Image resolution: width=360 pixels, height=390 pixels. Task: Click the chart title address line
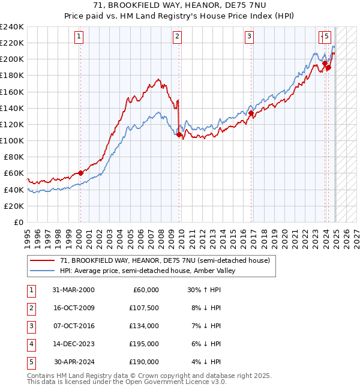point(179,5)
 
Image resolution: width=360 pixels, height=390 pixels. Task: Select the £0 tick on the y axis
point(19,222)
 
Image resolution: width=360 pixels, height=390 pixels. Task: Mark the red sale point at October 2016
point(251,113)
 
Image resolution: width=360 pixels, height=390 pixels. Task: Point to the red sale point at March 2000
point(80,173)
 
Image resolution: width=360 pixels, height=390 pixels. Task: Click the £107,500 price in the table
point(144,308)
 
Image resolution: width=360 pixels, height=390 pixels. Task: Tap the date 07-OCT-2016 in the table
point(73,326)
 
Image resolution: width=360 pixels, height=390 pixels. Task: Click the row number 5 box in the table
point(30,362)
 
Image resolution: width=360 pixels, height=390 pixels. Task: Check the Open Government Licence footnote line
point(127,381)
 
